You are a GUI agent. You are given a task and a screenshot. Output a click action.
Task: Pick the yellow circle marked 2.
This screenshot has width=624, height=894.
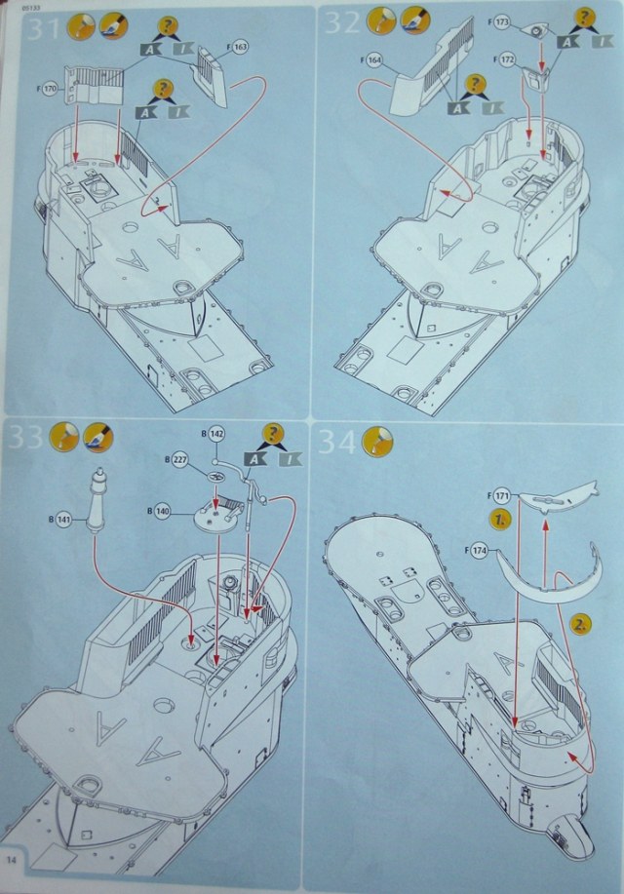click(579, 624)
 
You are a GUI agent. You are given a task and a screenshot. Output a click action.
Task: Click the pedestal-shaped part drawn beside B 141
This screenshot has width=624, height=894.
click(96, 500)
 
